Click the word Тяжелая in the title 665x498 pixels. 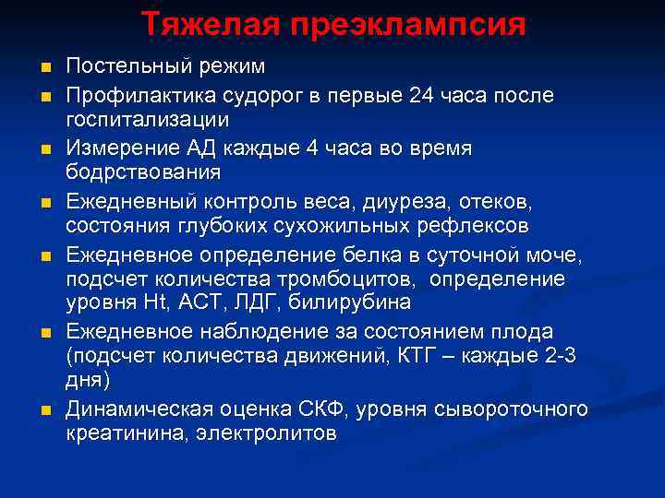click(x=197, y=24)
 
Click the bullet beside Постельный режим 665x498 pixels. click(x=44, y=67)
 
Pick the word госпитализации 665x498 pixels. click(x=148, y=120)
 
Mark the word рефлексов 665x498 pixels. click(x=458, y=225)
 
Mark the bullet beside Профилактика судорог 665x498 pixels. click(x=44, y=96)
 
